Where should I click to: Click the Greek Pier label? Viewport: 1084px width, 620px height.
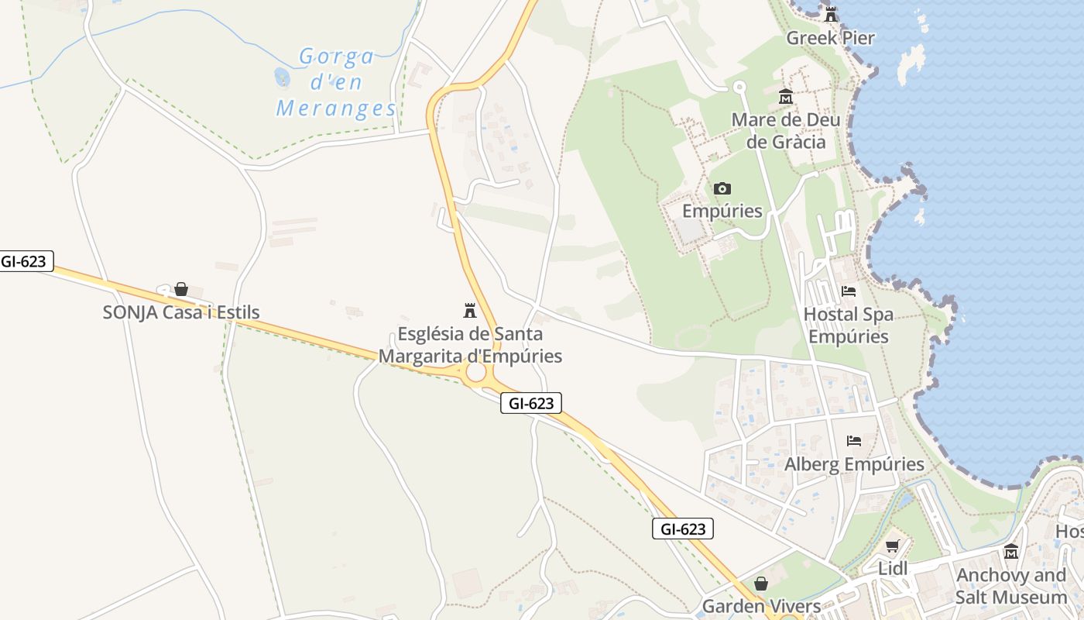(830, 38)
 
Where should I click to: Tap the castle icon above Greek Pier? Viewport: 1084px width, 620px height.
(831, 14)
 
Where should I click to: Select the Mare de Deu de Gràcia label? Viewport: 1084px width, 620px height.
(786, 131)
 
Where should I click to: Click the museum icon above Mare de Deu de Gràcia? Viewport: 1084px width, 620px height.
(786, 97)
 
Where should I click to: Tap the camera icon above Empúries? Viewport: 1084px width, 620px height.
(722, 188)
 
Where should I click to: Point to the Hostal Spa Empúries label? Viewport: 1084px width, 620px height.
(848, 325)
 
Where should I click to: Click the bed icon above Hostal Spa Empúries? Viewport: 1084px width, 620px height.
(849, 291)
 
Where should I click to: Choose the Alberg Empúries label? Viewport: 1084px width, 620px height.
(854, 464)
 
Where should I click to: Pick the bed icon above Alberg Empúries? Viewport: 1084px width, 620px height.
(854, 441)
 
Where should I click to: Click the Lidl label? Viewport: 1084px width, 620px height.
(892, 568)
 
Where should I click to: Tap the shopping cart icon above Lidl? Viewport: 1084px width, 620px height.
(892, 546)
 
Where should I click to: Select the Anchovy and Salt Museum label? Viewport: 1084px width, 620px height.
(1010, 586)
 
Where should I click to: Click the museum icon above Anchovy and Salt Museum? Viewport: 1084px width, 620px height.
(1010, 552)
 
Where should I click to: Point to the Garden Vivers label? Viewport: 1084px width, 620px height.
(760, 606)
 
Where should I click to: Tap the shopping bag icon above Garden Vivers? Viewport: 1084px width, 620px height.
(761, 584)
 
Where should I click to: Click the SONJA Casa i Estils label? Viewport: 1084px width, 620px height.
(181, 312)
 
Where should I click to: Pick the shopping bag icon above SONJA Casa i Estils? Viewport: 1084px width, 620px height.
(181, 289)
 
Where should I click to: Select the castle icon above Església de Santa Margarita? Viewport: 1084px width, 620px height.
(469, 311)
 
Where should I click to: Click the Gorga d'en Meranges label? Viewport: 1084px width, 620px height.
(336, 82)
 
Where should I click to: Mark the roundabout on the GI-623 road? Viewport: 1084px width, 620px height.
(475, 373)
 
